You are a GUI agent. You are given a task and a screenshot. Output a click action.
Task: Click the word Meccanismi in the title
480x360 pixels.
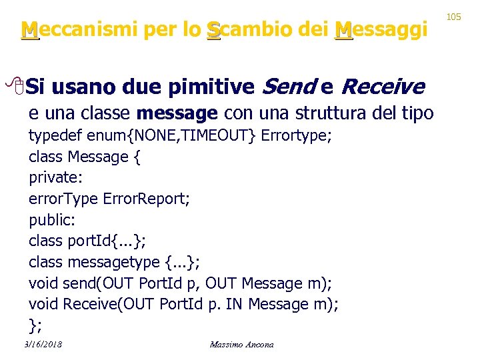pos(73,30)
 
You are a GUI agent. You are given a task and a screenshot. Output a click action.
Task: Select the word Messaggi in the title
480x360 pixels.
pos(381,30)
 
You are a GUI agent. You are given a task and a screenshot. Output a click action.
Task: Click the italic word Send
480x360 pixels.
pos(289,87)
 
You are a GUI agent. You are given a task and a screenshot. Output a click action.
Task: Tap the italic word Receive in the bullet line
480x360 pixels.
pos(383,87)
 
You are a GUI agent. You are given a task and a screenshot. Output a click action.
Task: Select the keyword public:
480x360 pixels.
pos(51,220)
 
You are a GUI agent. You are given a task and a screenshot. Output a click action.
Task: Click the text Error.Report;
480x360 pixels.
pos(146,199)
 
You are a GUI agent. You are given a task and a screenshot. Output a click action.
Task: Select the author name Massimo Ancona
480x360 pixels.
pos(241,344)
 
